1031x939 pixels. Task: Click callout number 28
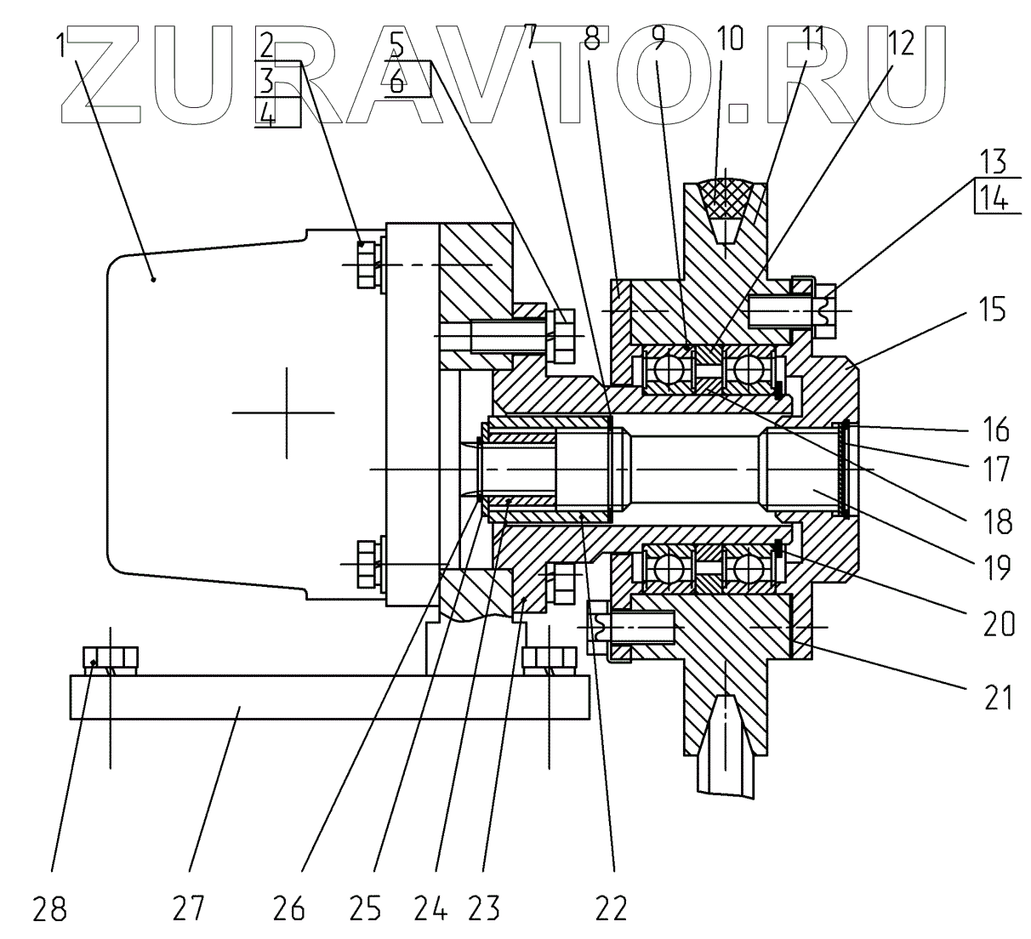tap(49, 910)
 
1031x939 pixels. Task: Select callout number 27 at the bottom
tap(189, 910)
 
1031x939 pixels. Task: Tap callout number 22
tap(610, 910)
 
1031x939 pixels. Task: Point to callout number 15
tap(989, 309)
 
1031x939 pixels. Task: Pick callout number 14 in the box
tap(991, 201)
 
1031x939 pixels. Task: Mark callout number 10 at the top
tap(729, 40)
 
